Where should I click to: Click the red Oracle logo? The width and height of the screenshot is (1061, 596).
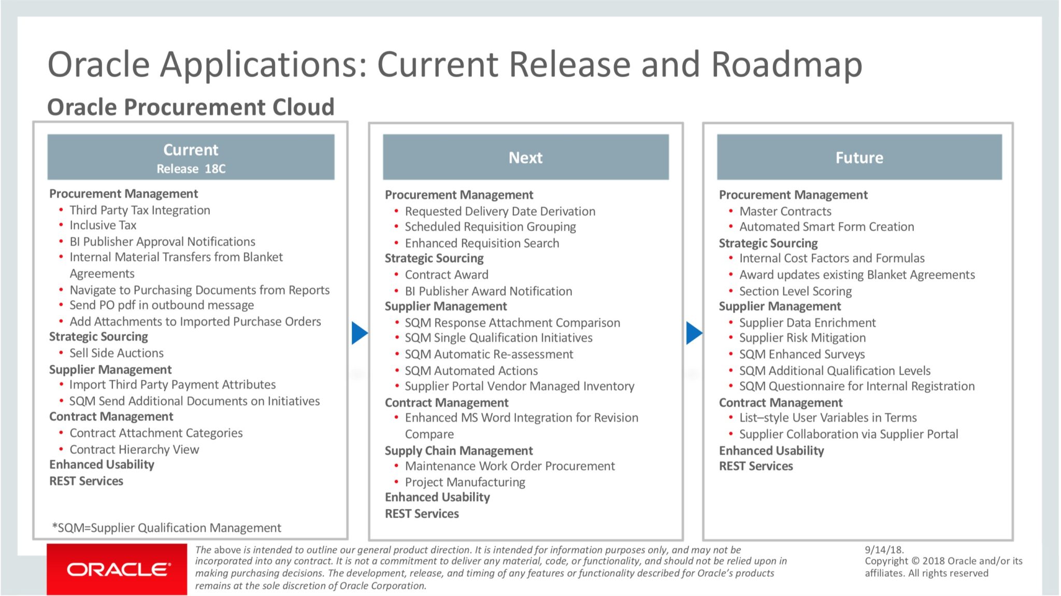117,569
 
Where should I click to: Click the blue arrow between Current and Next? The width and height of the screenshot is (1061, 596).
360,333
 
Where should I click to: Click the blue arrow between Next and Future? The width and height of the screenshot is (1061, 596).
694,333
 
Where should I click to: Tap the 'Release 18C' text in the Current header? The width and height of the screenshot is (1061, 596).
191,169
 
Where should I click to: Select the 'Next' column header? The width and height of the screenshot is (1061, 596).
526,158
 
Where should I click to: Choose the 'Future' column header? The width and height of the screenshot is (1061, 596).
859,158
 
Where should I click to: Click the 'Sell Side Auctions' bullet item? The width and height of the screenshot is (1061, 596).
117,353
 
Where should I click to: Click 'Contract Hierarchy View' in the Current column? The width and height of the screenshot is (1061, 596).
134,449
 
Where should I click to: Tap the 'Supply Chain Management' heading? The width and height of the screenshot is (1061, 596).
458,451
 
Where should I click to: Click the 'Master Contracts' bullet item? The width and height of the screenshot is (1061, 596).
785,211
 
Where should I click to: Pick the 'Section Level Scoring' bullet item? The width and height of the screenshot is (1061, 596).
795,291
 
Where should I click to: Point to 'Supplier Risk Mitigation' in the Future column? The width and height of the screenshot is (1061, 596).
802,338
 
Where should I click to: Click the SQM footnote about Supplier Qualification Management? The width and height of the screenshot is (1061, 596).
166,528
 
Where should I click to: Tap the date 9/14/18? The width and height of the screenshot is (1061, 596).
884,549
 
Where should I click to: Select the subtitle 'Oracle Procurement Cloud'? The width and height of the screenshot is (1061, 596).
191,107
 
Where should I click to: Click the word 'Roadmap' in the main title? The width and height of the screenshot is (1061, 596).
787,65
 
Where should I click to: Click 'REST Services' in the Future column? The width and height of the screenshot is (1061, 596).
756,466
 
